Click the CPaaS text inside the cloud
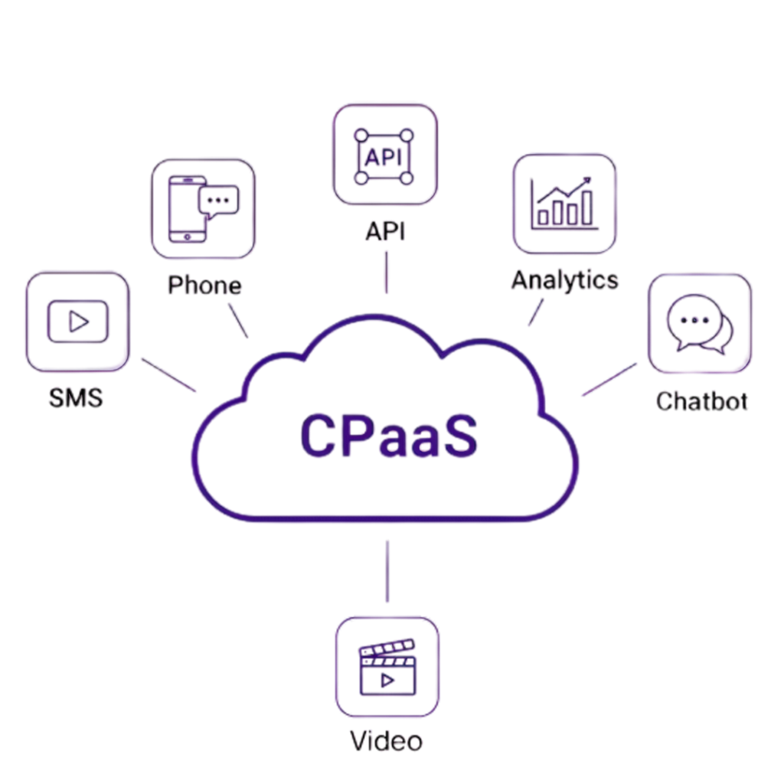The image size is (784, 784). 388,436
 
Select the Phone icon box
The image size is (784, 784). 202,208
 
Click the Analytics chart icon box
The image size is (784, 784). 564,204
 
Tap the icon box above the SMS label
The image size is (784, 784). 77,322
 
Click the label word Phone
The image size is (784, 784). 204,286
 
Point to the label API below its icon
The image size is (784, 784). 385,231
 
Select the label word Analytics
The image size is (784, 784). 564,280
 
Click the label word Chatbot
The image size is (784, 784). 701,400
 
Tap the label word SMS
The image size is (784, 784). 76,398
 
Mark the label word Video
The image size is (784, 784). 387,740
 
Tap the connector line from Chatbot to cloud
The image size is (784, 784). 609,379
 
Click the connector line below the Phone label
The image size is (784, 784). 238,320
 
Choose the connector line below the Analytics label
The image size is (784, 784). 536,312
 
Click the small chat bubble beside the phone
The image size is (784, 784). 218,200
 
